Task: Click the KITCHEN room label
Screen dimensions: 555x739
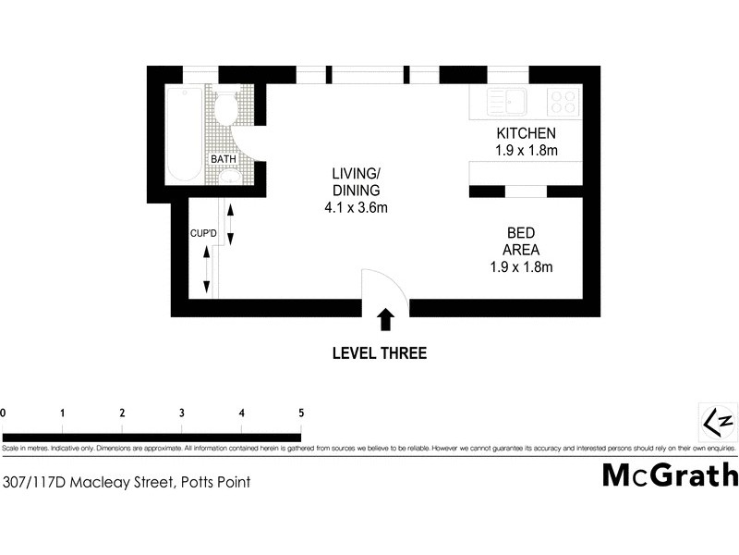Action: point(526,133)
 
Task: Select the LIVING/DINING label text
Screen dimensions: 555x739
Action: point(356,182)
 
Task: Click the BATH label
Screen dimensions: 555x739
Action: point(224,159)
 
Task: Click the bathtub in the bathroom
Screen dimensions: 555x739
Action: point(185,135)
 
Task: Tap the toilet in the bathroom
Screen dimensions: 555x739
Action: point(226,108)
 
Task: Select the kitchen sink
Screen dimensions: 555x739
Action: point(507,101)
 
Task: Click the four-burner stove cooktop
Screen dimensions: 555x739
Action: point(563,101)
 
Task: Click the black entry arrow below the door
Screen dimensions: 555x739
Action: point(385,320)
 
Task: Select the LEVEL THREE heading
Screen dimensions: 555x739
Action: point(380,352)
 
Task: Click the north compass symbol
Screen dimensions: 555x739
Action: point(718,422)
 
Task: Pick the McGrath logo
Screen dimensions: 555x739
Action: point(671,475)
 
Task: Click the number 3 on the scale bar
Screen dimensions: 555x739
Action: point(182,413)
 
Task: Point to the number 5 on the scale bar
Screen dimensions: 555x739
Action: point(301,413)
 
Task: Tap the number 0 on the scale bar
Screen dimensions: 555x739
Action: point(4,413)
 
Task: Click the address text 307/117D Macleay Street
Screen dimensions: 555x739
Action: point(88,481)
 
